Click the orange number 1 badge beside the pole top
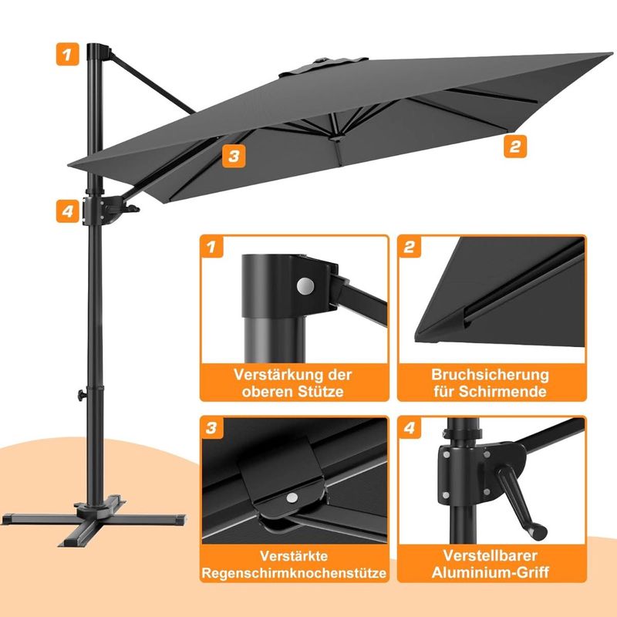pos(67,54)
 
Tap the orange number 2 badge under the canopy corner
pos(515,147)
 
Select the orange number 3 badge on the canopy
pos(234,156)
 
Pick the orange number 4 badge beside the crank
pos(67,211)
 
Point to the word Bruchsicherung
pos(490,375)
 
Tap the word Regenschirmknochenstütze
pos(294,573)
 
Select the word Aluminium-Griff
pos(490,572)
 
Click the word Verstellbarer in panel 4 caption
pos(490,555)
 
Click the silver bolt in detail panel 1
pos(305,286)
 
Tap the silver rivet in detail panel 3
pos(292,497)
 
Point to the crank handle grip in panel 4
pos(537,531)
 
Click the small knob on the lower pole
pos(82,395)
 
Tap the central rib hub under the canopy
pos(336,138)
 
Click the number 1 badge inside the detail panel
pos(212,247)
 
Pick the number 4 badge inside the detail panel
pos(410,428)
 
